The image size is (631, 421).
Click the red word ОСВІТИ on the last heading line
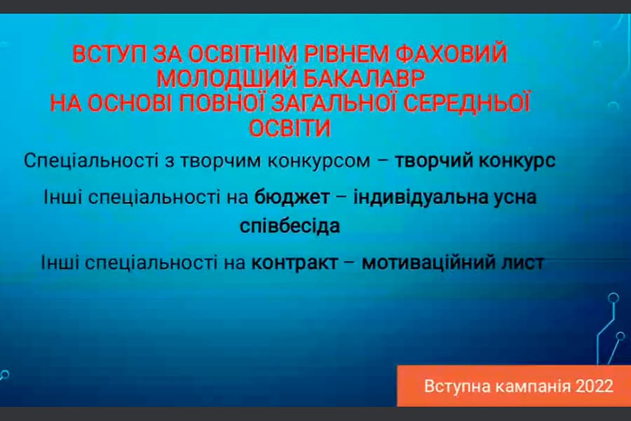(288, 128)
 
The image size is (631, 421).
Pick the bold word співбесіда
(289, 227)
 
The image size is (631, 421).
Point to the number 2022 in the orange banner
(593, 385)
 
